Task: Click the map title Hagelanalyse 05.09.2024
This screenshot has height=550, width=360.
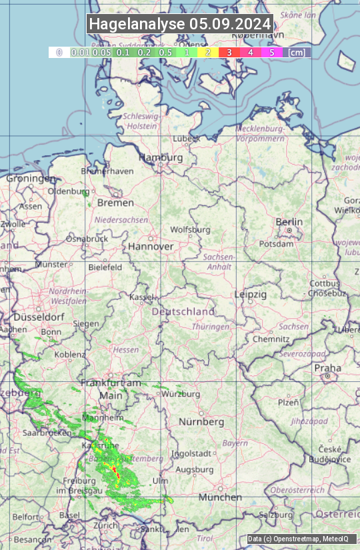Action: pos(180,24)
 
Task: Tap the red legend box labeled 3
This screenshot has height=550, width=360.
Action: pos(229,52)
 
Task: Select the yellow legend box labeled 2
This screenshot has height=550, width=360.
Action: pos(207,52)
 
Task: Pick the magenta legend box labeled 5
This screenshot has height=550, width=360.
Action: pos(271,52)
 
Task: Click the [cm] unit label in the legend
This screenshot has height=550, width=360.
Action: pos(297,52)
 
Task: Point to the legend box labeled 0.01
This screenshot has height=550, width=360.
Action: pos(80,52)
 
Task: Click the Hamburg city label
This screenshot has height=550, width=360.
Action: pos(160,158)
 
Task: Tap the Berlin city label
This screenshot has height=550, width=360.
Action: pos(289,222)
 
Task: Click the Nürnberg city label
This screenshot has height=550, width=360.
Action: pos(201,422)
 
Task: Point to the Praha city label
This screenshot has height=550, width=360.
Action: pos(327,368)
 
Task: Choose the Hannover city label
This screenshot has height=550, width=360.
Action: pos(151,246)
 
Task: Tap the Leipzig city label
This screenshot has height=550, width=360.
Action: pos(251,294)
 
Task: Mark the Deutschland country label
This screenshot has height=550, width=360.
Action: pos(183,311)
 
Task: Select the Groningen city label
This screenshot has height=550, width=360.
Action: pos(31,179)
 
